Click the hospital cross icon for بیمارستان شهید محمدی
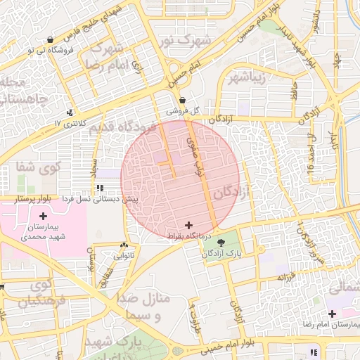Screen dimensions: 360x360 click(44, 216)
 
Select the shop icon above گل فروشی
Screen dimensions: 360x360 click(182, 100)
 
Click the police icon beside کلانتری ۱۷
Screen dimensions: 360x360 click(70, 112)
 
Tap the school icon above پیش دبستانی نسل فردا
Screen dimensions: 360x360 click(100, 188)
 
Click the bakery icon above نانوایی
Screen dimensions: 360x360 click(124, 245)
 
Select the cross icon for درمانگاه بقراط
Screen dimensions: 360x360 click(187, 224)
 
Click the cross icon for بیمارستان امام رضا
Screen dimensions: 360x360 click(333, 312)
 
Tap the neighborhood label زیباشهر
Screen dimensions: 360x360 click(247, 77)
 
